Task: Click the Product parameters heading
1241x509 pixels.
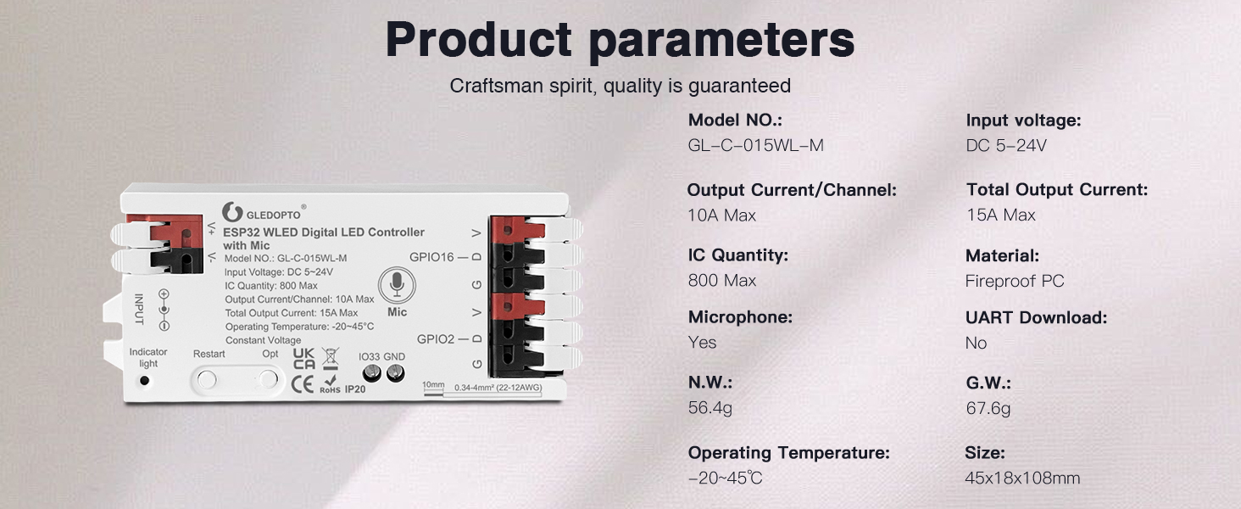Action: point(620,40)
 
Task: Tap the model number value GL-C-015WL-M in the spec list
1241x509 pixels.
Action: point(755,145)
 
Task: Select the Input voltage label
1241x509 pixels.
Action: point(1023,120)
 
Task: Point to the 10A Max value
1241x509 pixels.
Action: point(721,215)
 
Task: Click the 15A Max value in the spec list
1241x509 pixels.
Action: point(1000,215)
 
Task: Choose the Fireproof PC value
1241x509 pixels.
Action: point(1014,281)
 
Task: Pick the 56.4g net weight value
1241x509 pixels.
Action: point(710,408)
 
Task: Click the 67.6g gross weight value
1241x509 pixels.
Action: point(988,408)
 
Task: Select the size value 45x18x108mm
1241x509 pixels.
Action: point(1021,478)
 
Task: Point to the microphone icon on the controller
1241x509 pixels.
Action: point(396,285)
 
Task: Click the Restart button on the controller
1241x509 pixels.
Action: point(206,379)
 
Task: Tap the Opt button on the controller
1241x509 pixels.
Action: point(269,379)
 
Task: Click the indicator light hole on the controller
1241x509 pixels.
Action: point(145,380)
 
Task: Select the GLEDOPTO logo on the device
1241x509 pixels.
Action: point(263,211)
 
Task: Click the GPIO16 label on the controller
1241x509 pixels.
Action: point(432,256)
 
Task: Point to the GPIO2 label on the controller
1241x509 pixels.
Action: point(436,338)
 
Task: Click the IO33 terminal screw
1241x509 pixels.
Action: point(371,373)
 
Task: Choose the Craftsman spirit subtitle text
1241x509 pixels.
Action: point(620,86)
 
